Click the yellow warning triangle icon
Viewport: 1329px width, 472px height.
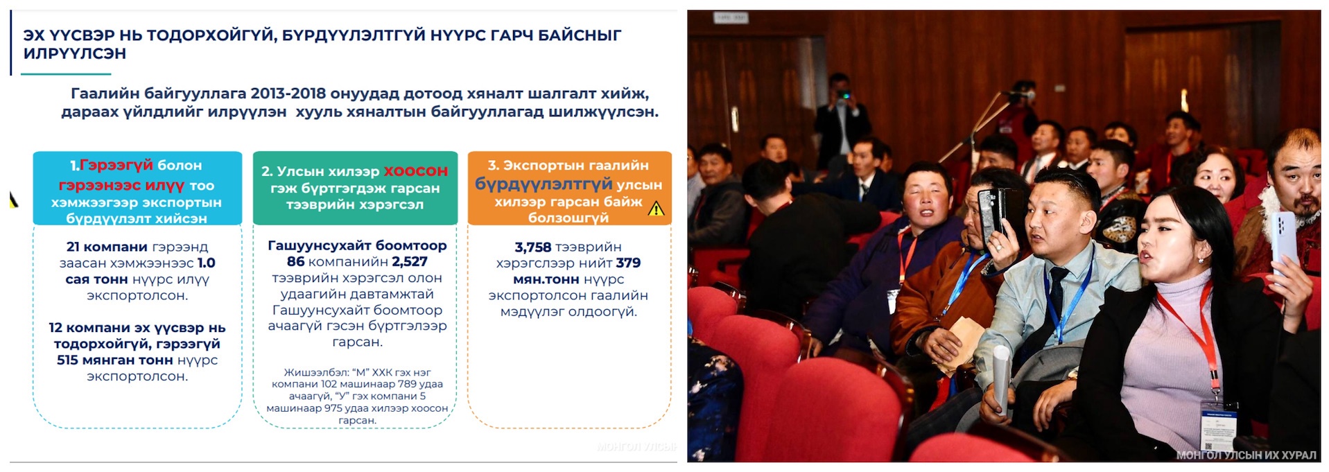[656, 209]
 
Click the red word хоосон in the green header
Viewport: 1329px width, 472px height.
[416, 171]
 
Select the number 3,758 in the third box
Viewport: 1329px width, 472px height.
[533, 247]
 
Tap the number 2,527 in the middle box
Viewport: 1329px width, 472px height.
[410, 261]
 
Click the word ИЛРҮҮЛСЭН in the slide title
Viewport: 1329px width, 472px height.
[75, 53]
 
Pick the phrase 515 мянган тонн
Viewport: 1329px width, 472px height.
[115, 360]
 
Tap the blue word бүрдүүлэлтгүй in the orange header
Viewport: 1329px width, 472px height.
[544, 184]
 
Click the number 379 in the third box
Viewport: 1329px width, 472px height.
[628, 263]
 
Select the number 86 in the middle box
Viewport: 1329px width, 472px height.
[296, 261]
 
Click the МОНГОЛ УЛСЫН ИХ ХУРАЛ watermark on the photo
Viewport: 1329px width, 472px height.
[1246, 455]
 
